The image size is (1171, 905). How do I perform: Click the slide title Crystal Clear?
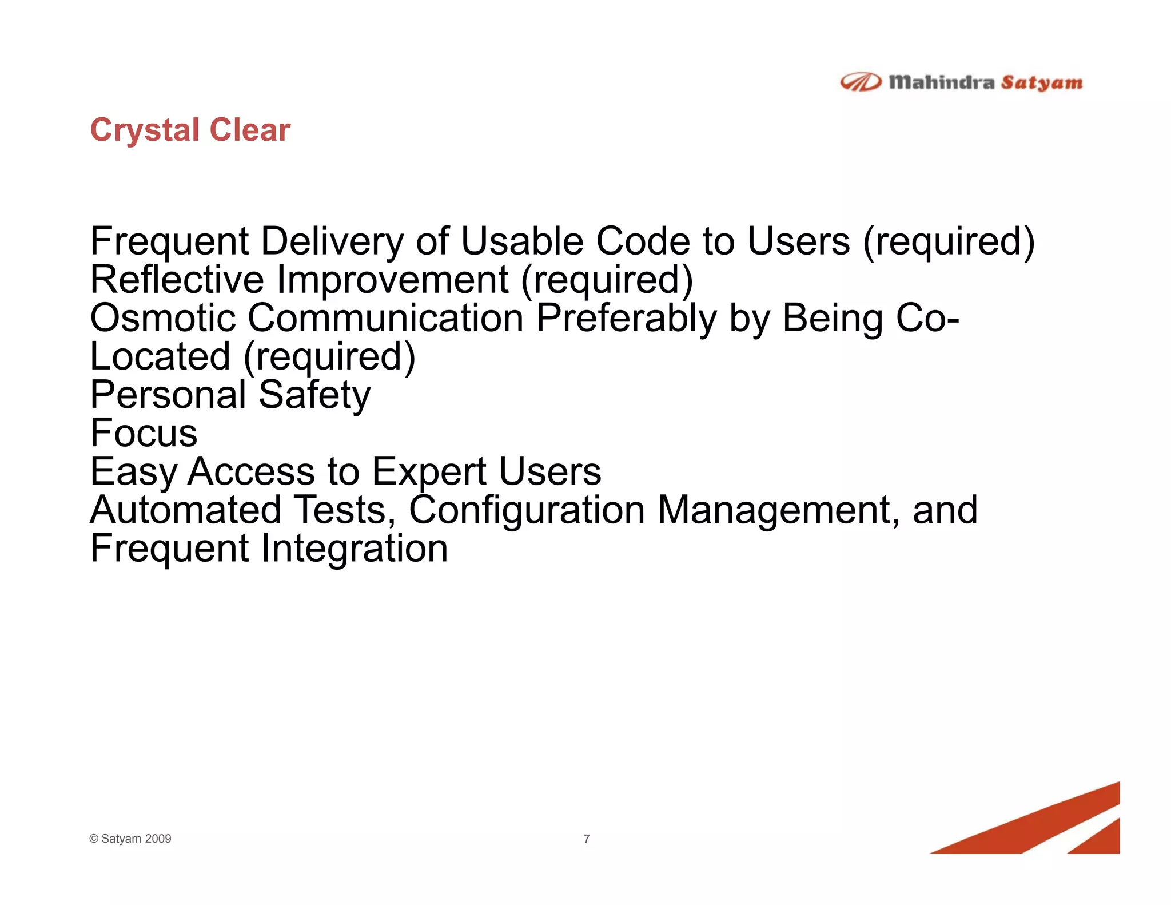(190, 130)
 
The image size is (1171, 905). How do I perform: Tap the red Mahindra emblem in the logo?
(860, 83)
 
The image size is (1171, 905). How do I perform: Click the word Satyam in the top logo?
(1041, 83)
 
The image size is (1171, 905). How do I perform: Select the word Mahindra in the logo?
(941, 82)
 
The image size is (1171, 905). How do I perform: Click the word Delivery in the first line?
(332, 241)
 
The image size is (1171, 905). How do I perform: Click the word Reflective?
(177, 280)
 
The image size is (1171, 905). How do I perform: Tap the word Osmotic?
(163, 318)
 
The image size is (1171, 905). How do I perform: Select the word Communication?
(385, 318)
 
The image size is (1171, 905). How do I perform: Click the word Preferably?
(626, 318)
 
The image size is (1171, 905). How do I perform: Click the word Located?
(160, 356)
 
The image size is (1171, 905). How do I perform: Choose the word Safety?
(314, 395)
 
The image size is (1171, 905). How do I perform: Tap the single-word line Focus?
(144, 433)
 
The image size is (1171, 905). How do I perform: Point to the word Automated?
(186, 510)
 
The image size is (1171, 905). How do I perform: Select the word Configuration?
(527, 510)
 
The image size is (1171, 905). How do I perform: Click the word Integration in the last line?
(355, 548)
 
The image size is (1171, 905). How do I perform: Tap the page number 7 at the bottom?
(587, 839)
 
